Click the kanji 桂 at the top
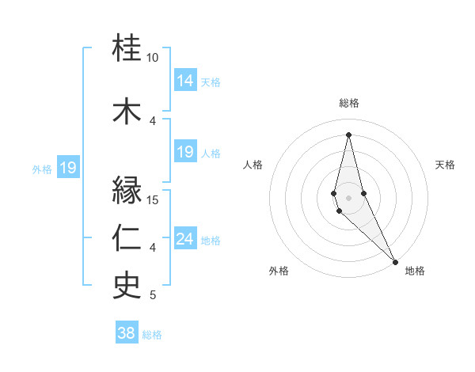pyautogui.click(x=127, y=49)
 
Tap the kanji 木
pyautogui.click(x=127, y=111)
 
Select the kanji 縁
pyautogui.click(x=127, y=191)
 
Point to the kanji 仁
pyautogui.click(x=127, y=238)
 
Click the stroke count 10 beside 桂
pyautogui.click(x=153, y=58)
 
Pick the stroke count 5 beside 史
pyautogui.click(x=153, y=295)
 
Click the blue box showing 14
pyautogui.click(x=184, y=81)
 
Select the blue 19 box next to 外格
pyautogui.click(x=68, y=168)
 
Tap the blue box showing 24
pyautogui.click(x=184, y=239)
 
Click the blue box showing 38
pyautogui.click(x=126, y=333)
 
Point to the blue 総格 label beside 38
pyautogui.click(x=152, y=335)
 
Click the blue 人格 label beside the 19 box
pyautogui.click(x=211, y=153)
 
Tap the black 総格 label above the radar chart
pyautogui.click(x=349, y=103)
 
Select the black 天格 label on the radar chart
pyautogui.click(x=445, y=165)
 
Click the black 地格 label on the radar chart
pyautogui.click(x=415, y=271)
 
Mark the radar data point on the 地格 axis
pyautogui.click(x=395, y=260)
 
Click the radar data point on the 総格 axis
pyautogui.click(x=349, y=134)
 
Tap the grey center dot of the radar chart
pyautogui.click(x=349, y=197)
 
